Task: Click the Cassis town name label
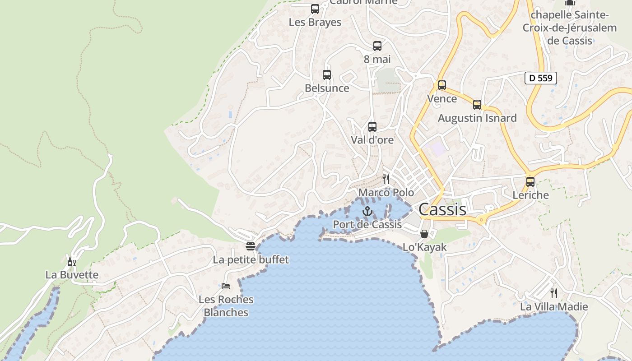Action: (x=442, y=209)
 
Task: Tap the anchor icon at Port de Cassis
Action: (x=367, y=211)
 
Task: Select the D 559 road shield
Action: (x=540, y=78)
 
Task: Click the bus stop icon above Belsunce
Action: (x=327, y=75)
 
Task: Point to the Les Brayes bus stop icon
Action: (x=315, y=9)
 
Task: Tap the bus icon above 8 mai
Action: (x=377, y=46)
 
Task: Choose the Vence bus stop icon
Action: (x=442, y=85)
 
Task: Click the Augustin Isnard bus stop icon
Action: (x=477, y=105)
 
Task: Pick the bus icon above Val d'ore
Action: (x=372, y=127)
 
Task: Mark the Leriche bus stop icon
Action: (x=530, y=182)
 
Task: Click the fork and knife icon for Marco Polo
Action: (x=386, y=179)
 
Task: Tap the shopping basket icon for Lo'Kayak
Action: (x=424, y=234)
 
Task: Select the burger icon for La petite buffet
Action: (x=251, y=246)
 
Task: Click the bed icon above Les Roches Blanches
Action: (x=226, y=286)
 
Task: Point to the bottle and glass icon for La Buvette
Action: (x=71, y=262)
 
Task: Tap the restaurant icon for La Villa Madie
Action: (x=554, y=293)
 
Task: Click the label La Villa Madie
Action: (x=554, y=307)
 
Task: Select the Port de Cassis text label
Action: (x=367, y=224)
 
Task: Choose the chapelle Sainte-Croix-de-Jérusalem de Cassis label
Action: (x=570, y=28)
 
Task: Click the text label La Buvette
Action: (x=72, y=275)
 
